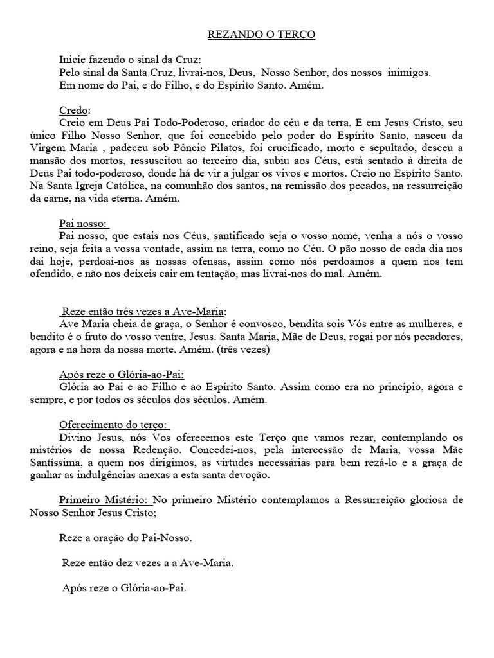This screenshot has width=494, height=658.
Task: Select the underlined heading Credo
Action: coord(74,109)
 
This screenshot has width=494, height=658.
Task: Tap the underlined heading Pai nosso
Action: coord(84,224)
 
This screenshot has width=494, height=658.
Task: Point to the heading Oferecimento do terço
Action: coord(113,425)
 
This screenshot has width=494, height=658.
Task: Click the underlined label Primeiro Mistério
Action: coord(107,499)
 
